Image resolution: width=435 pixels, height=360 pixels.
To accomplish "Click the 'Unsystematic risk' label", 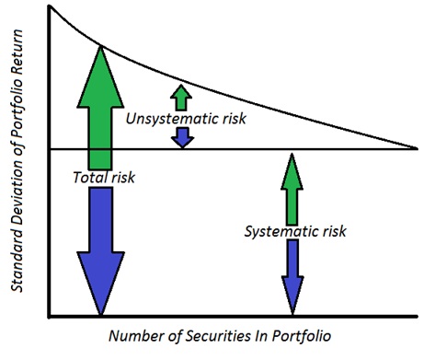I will (186, 118).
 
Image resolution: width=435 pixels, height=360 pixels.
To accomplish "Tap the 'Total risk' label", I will (104, 177).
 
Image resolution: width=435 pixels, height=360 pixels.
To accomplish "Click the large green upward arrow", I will (98, 101).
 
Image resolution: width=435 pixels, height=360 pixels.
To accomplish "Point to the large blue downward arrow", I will (98, 249).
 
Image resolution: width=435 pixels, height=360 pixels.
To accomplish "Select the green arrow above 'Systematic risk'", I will (292, 189).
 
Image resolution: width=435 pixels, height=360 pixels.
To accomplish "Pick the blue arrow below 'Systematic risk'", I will (292, 276).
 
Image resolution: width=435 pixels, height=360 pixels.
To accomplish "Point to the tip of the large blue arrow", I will (98, 313).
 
